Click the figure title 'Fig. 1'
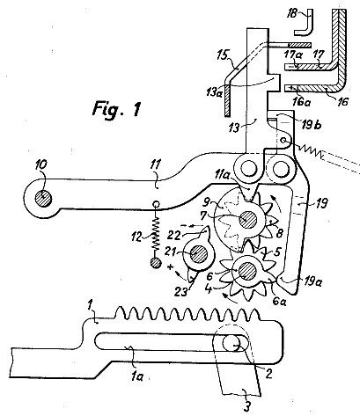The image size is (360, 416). coord(117,109)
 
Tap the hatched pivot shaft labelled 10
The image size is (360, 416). coord(43,199)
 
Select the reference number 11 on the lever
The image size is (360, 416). coord(156,164)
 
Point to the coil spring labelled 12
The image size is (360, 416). coord(157,232)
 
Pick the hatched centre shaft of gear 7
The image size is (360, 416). coord(248,219)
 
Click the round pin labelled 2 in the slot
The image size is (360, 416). coord(231,343)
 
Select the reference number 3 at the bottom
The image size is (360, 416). coord(247,407)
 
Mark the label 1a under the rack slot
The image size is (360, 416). coord(137,376)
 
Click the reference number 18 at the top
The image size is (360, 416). coord(292,13)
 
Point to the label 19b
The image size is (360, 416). coord(311,124)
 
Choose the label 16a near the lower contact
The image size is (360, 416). coord(301,101)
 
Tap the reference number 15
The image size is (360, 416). coord(224,55)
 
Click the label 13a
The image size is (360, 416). coord(215,92)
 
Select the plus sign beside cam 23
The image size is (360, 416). coord(171,267)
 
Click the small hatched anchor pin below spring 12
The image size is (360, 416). coord(156,263)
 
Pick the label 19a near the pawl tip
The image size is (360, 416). coord(312,282)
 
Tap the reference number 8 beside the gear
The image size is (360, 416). coord(280,234)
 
